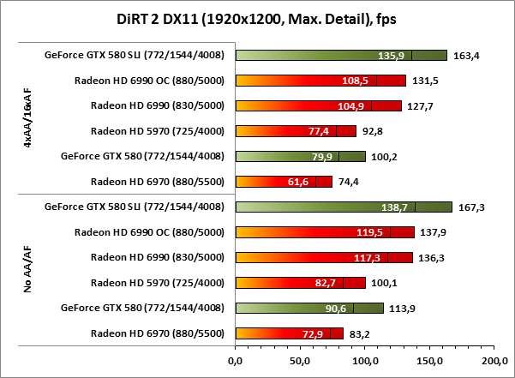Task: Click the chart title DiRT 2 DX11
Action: [257, 18]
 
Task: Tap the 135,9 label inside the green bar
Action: [391, 56]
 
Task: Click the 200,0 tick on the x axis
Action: [494, 361]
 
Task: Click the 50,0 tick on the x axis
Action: [300, 361]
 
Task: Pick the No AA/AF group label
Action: [27, 270]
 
